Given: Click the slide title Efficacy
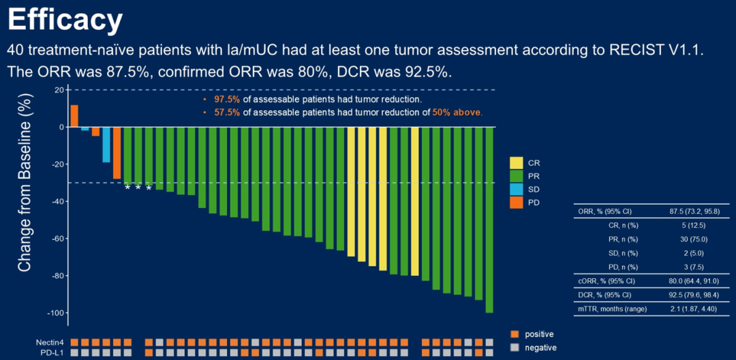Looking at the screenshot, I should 65,20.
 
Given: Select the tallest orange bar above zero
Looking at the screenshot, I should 74,116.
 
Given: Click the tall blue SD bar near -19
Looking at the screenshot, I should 106,145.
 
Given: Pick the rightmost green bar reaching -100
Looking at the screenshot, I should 489,220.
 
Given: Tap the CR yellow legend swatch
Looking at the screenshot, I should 516,163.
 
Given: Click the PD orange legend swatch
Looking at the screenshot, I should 516,202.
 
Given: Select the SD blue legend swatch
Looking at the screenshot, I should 516,189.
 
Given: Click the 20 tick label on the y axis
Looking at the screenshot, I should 59,90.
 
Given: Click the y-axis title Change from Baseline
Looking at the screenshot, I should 25,184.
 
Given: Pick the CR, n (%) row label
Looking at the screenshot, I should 623,224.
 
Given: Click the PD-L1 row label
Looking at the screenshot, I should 51,352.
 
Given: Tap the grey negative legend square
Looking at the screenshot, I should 515,347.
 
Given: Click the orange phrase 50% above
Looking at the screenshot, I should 457,112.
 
